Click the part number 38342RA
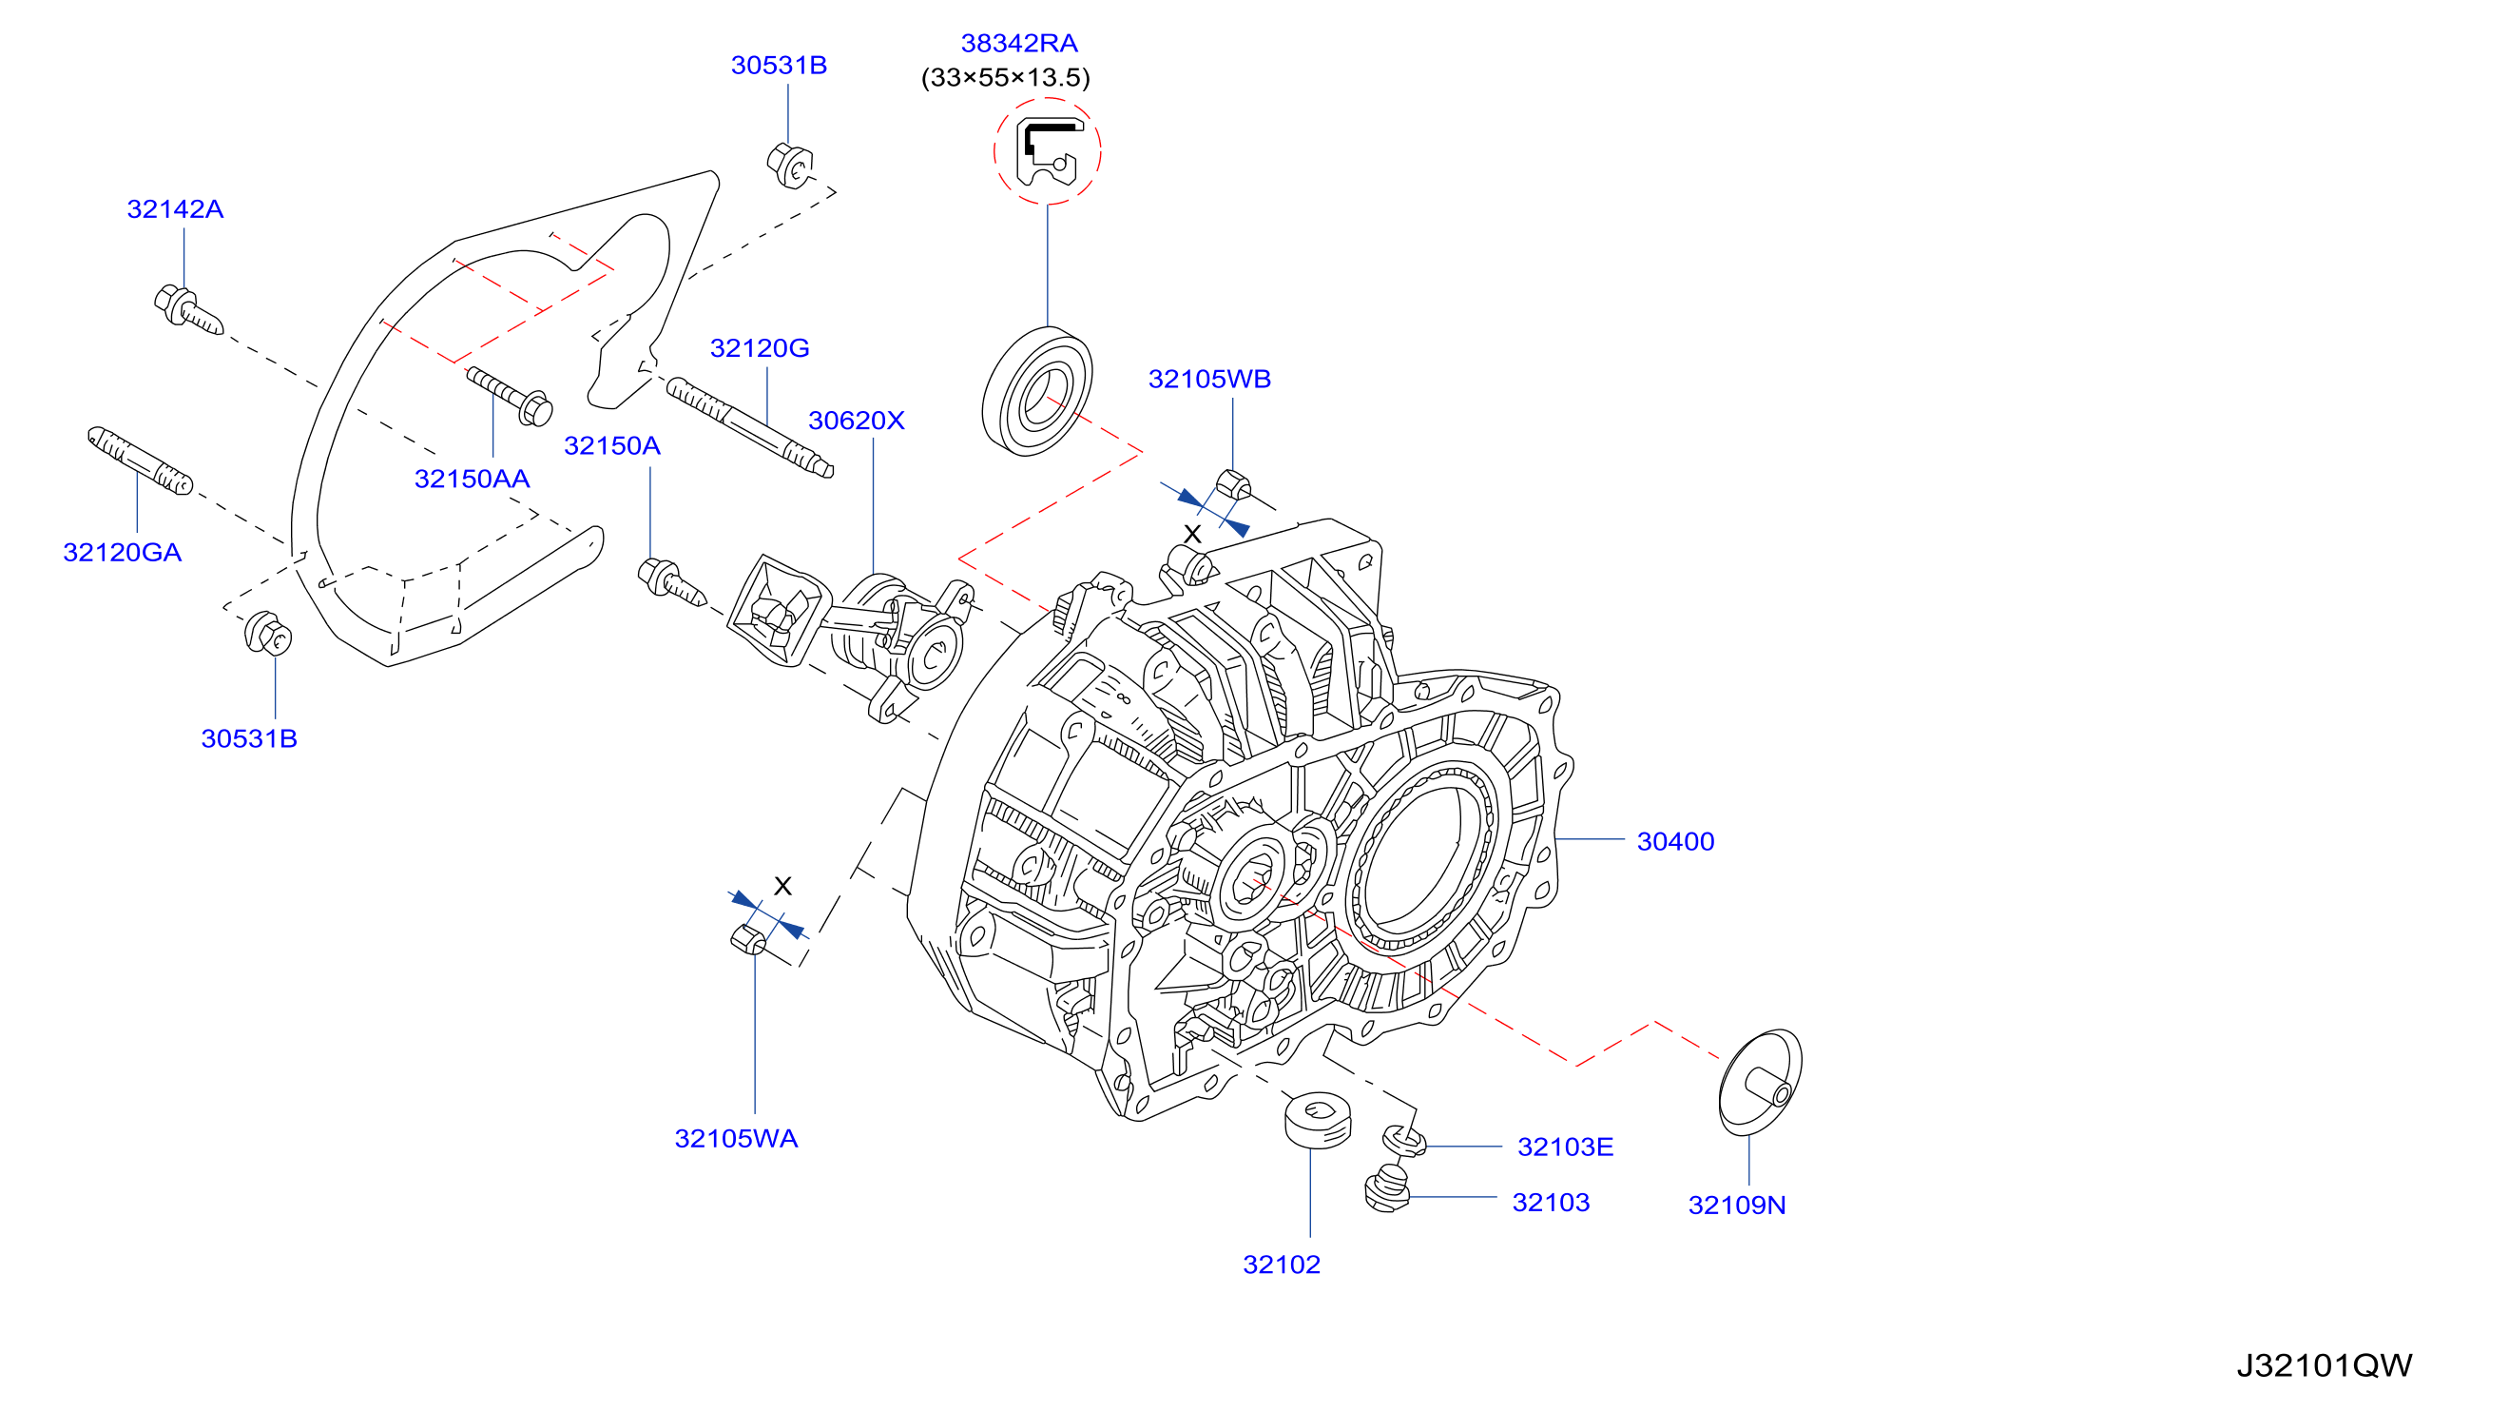[x=1019, y=44]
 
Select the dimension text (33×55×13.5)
[x=1005, y=78]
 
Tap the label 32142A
[x=175, y=209]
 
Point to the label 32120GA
[x=122, y=553]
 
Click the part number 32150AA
[x=473, y=480]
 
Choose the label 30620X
[x=856, y=421]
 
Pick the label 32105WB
[x=1209, y=379]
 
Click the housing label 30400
[x=1675, y=842]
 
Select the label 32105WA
[x=736, y=1139]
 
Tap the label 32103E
[x=1565, y=1147]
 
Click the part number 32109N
[x=1737, y=1206]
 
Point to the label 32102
[x=1282, y=1265]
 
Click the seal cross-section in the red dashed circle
[x=1047, y=152]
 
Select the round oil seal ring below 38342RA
[x=1036, y=392]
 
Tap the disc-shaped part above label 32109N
[x=1760, y=1083]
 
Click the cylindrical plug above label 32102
[x=1318, y=1121]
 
